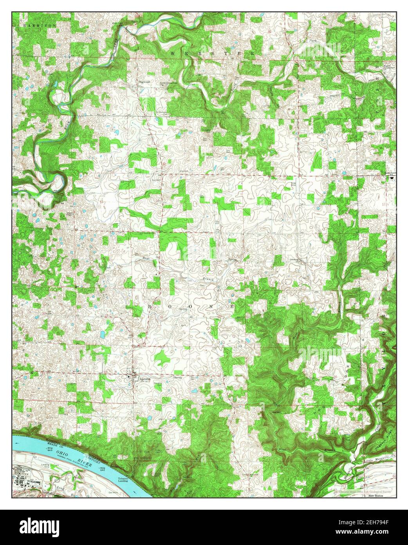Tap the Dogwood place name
(x=144, y=82)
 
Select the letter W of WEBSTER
(x=172, y=52)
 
